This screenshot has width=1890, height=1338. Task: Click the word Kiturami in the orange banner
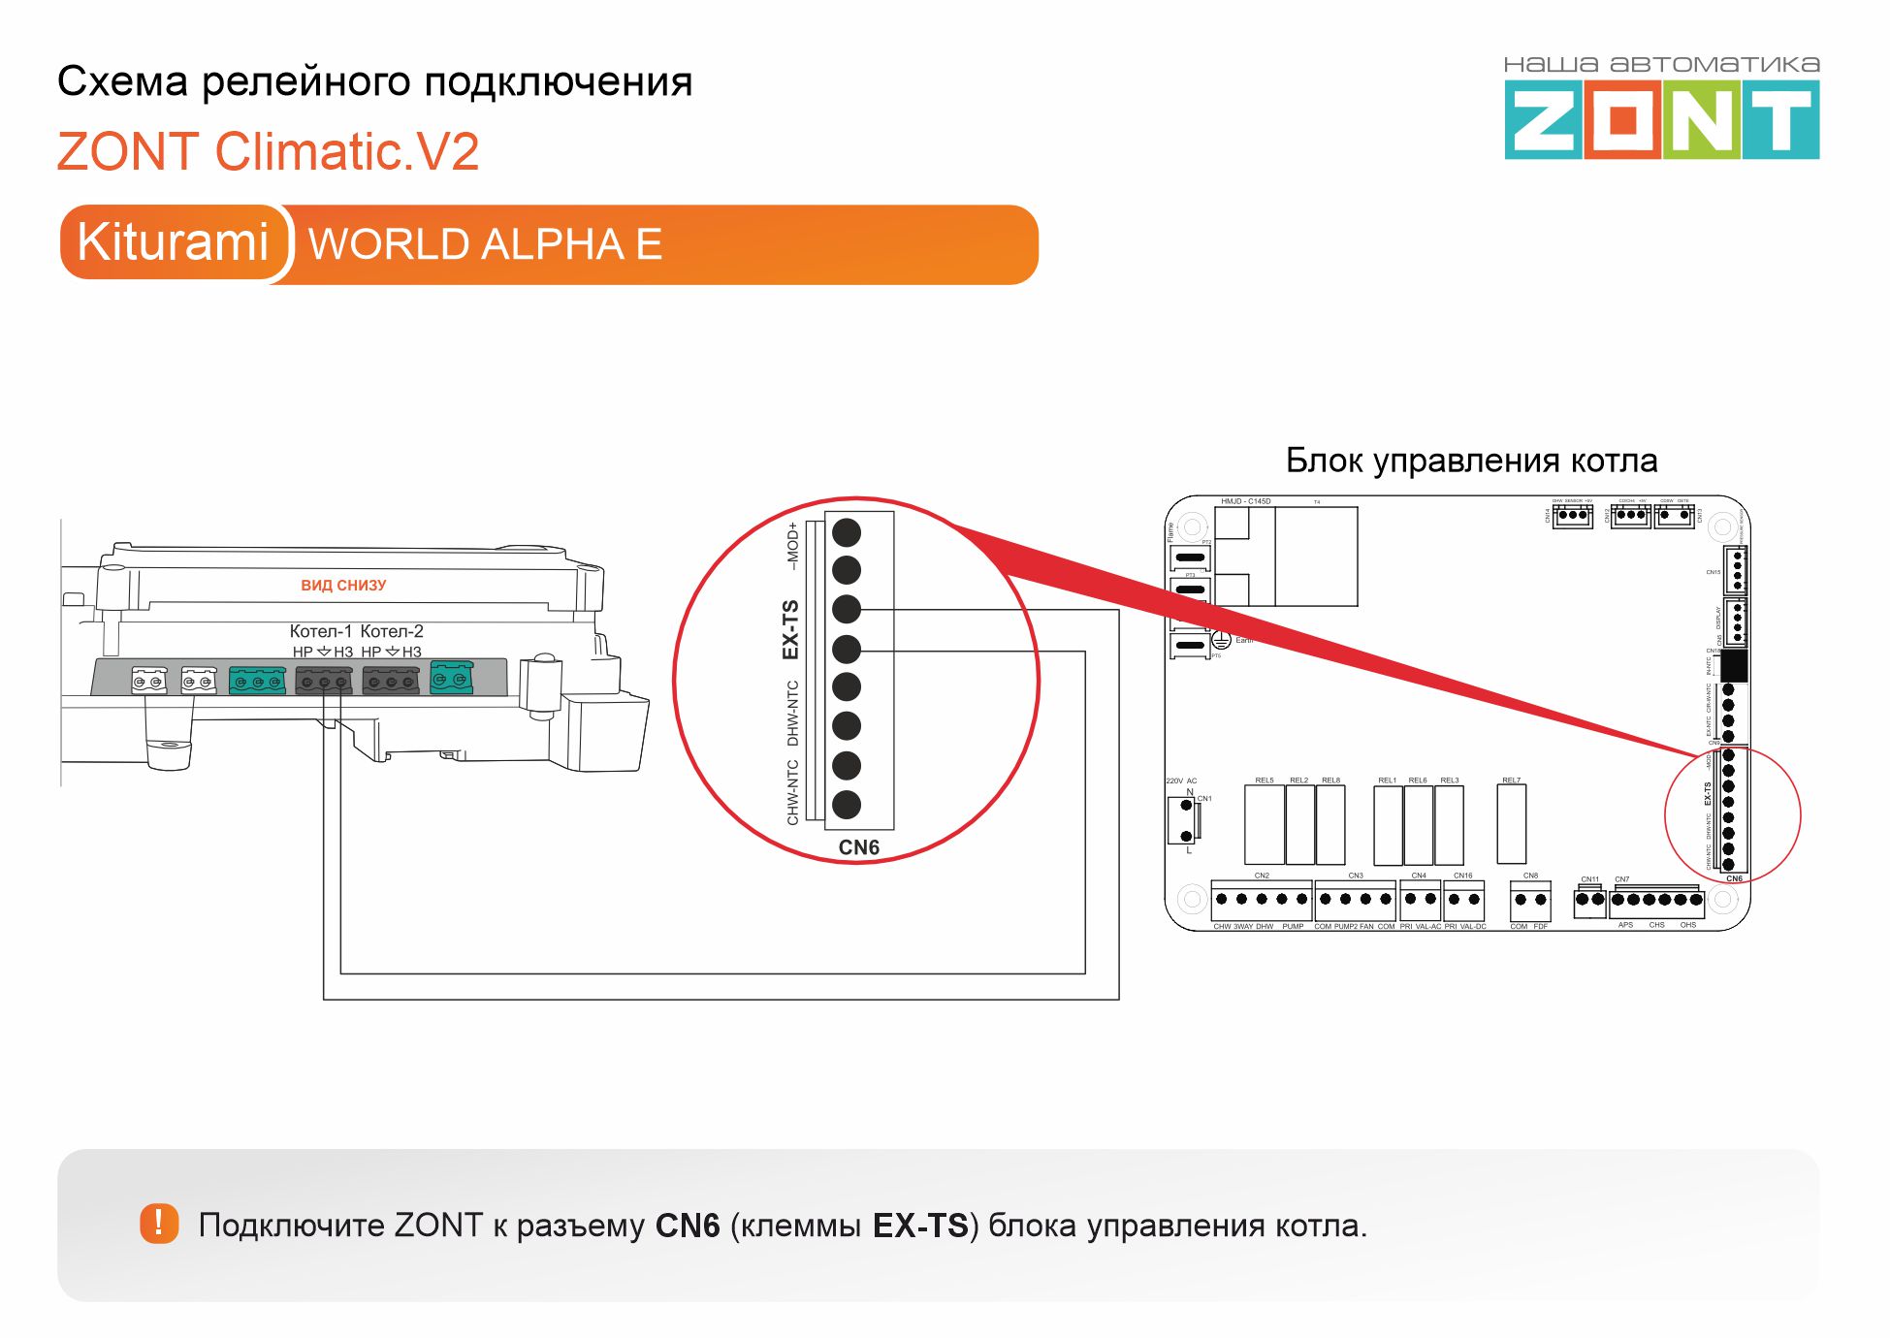(x=173, y=242)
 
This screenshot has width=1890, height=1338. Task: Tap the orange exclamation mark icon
(x=159, y=1224)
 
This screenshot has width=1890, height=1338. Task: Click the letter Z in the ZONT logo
(x=1543, y=120)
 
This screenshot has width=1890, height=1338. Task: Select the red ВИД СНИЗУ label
(x=343, y=586)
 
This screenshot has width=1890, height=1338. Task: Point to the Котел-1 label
(x=321, y=631)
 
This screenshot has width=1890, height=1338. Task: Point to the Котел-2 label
(x=392, y=631)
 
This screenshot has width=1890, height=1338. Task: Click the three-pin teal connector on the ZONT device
(x=257, y=681)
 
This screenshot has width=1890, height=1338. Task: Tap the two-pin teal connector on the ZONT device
(x=451, y=677)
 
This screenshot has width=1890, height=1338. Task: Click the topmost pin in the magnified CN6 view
(x=847, y=531)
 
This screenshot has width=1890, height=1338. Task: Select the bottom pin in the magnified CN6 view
(x=847, y=805)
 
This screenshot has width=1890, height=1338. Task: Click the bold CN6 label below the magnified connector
(x=858, y=847)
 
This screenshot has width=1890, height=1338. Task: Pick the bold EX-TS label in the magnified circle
(x=791, y=629)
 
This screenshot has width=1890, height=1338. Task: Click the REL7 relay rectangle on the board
(x=1511, y=824)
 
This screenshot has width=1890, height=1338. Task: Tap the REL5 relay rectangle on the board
(x=1264, y=825)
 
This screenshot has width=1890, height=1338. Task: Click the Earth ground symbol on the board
(x=1221, y=640)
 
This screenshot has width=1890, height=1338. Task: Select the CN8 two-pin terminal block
(x=1530, y=901)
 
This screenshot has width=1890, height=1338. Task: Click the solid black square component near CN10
(x=1733, y=666)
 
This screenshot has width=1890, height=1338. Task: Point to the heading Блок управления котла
(x=1471, y=461)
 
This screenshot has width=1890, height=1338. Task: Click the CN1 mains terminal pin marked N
(x=1186, y=806)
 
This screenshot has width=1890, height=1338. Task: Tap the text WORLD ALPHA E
(x=485, y=244)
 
